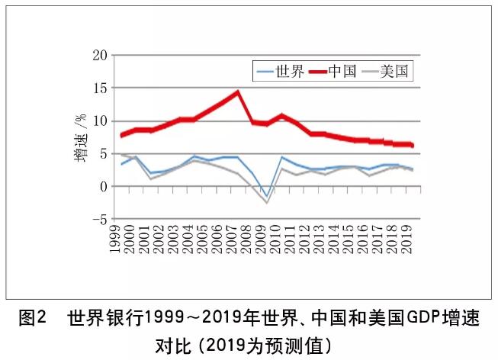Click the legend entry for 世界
click(x=281, y=72)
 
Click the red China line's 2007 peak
click(x=238, y=92)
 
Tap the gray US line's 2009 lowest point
click(x=267, y=203)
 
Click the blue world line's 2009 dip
click(x=267, y=195)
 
